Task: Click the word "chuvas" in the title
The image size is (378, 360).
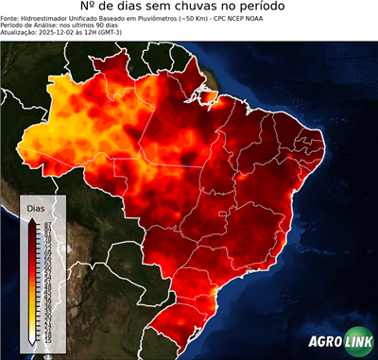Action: pyautogui.click(x=201, y=9)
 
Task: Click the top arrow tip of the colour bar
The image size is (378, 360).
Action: pyautogui.click(x=32, y=217)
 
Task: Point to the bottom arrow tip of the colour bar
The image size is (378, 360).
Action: pyautogui.click(x=32, y=342)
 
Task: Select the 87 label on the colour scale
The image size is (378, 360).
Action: pyautogui.click(x=44, y=222)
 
